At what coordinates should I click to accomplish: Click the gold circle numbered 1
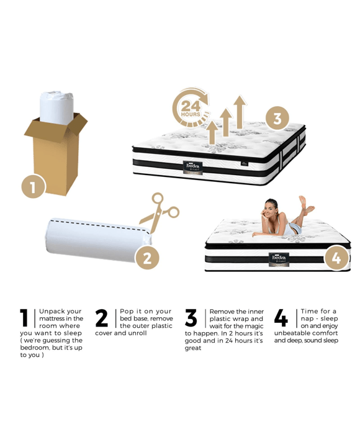point(34,187)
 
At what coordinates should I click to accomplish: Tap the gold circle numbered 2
point(147,258)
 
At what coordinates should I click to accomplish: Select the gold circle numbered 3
point(277,118)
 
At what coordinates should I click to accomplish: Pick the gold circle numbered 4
point(336,258)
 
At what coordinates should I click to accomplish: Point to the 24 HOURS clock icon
point(191,108)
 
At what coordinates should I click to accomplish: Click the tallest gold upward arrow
point(240,112)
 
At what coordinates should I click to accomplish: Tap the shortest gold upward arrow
point(212,133)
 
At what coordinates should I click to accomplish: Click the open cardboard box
point(56,154)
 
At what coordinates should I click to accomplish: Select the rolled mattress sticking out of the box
point(56,108)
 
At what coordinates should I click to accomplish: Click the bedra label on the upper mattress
point(192,168)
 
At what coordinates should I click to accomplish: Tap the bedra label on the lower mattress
point(279,260)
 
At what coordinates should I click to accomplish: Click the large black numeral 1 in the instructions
point(24,318)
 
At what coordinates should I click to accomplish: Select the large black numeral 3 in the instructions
point(191,318)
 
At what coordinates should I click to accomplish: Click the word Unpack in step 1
point(52,311)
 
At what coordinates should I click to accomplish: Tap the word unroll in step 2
point(137,333)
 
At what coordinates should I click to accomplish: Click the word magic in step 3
point(254,326)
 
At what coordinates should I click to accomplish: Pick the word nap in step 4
point(307,318)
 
